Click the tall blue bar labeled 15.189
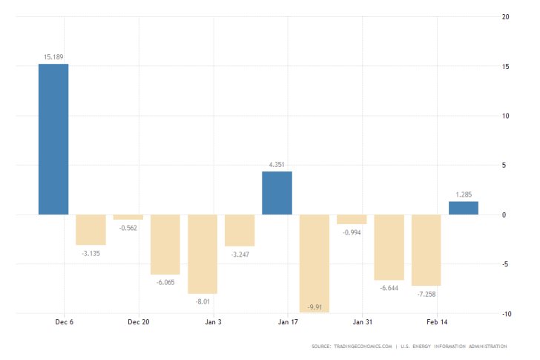coord(53,139)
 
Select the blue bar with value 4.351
coord(277,193)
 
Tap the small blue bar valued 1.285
coord(463,208)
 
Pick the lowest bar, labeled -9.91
coord(314,264)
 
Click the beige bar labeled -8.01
coord(202,254)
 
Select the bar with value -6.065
coord(165,244)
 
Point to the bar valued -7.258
coord(426,250)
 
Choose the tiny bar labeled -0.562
coord(128,217)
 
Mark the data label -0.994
coord(352,232)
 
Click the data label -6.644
coord(389,288)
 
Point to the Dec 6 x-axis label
coord(65,322)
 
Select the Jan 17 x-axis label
coord(289,322)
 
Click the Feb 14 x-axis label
coord(438,322)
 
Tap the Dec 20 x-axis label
coord(139,322)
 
